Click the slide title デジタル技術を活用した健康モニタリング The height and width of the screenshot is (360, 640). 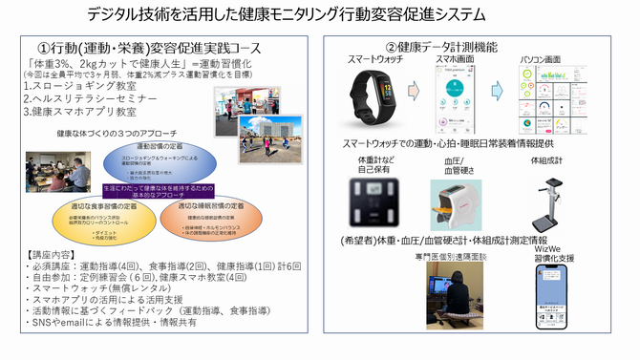click(x=286, y=14)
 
